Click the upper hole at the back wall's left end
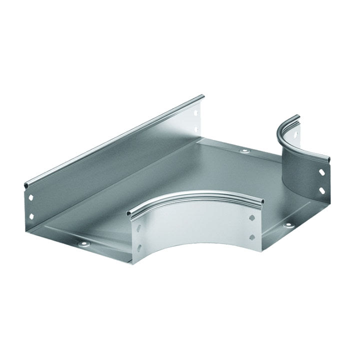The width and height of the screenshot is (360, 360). click(x=32, y=198)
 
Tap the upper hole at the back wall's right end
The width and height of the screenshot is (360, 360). click(x=195, y=113)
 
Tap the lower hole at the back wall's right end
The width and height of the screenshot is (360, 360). click(x=196, y=129)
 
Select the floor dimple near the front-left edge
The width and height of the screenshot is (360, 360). click(x=83, y=244)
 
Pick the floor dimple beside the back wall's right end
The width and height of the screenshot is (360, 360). click(x=244, y=150)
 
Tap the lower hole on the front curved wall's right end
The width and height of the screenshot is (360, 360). click(x=252, y=236)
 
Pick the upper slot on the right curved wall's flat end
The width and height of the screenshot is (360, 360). click(x=321, y=171)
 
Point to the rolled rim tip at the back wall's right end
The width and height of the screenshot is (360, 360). click(x=202, y=96)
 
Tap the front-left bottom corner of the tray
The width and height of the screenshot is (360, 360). click(x=134, y=263)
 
